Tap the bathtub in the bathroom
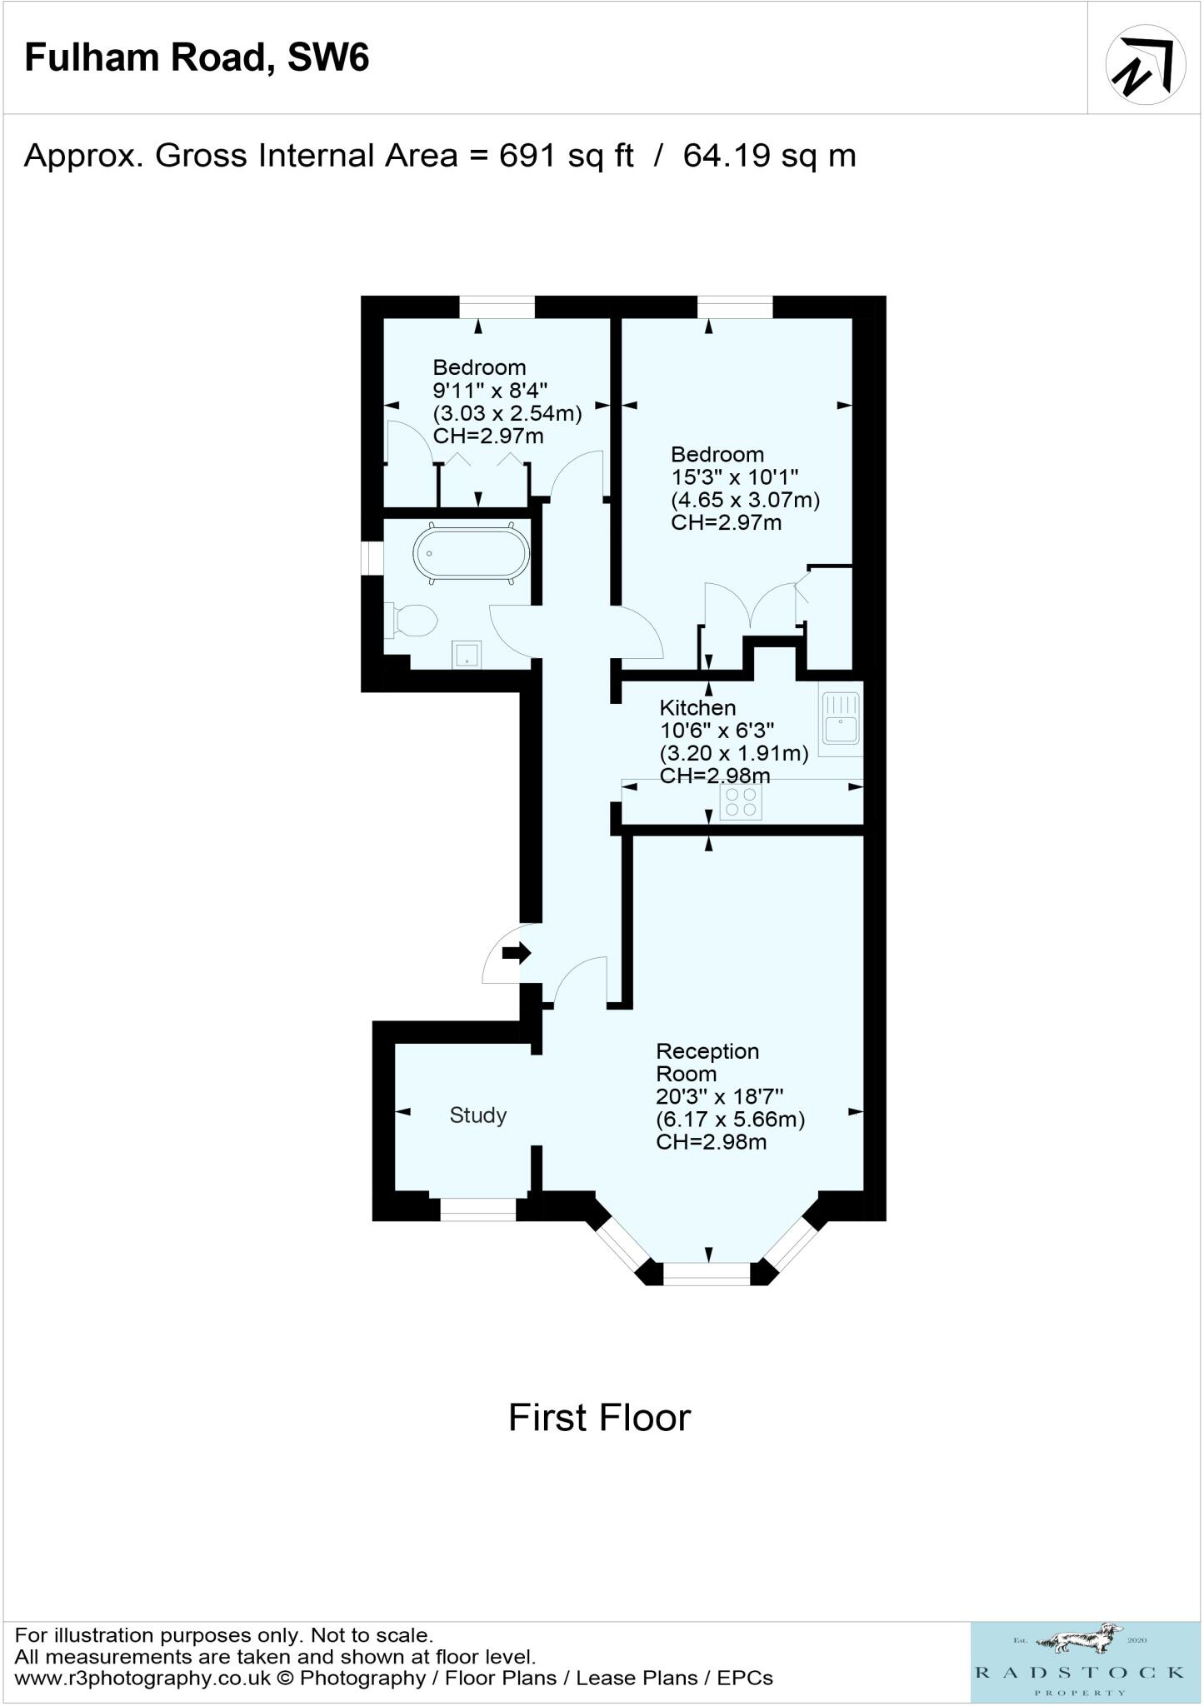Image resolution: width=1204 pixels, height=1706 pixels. pyautogui.click(x=471, y=552)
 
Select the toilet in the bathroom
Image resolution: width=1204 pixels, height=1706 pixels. pyautogui.click(x=412, y=621)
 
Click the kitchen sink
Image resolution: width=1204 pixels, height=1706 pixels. pyautogui.click(x=841, y=718)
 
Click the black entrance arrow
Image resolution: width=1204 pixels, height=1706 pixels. pyautogui.click(x=517, y=952)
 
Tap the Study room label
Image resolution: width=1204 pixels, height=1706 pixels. pyautogui.click(x=478, y=1115)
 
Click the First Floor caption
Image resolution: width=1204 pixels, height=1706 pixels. pyautogui.click(x=600, y=1418)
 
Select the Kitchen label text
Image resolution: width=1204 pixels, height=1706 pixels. pyautogui.click(x=697, y=708)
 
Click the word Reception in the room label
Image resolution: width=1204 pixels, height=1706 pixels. pyautogui.click(x=707, y=1051)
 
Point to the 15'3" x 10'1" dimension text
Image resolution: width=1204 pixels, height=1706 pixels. pyautogui.click(x=735, y=477)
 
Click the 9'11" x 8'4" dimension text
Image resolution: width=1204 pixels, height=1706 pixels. pyautogui.click(x=490, y=390)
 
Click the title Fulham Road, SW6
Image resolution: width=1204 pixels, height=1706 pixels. pyautogui.click(x=197, y=58)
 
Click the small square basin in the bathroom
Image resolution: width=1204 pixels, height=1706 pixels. pyautogui.click(x=467, y=655)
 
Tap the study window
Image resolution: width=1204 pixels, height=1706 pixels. pyautogui.click(x=478, y=1209)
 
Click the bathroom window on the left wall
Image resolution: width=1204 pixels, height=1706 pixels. pyautogui.click(x=372, y=558)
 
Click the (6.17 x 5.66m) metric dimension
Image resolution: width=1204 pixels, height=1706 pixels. pyautogui.click(x=731, y=1120)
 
